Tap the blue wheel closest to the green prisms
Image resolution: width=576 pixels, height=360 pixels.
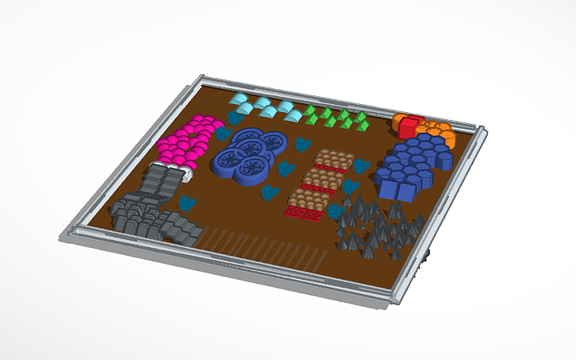coord(272,141)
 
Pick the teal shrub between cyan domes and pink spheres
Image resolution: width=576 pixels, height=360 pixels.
coord(234,118)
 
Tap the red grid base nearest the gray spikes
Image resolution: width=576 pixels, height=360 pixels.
coord(306,213)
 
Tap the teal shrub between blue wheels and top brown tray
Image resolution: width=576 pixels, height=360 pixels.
coord(301,145)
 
